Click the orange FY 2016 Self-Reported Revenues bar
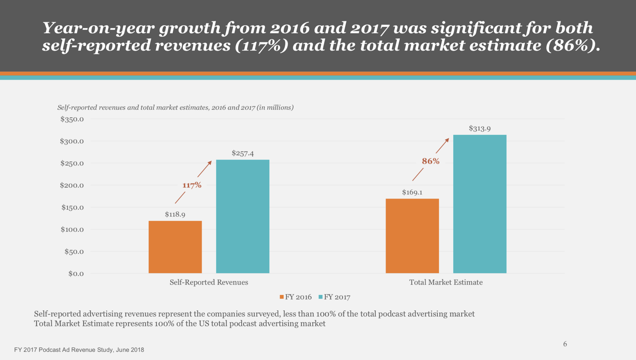175,247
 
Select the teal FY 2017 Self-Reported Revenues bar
242,216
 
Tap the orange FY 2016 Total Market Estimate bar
412,236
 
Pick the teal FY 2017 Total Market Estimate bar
479,204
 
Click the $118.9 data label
175,214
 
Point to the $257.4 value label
242,153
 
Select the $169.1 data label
412,193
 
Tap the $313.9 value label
479,128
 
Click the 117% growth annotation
192,185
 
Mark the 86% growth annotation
430,161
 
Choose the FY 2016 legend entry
295,297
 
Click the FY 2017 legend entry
334,297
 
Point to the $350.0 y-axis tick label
72,119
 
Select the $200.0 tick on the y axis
72,185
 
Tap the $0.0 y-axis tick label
76,274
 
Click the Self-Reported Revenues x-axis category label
209,282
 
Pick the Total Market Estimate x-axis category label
446,282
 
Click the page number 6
565,344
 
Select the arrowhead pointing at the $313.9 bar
447,140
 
